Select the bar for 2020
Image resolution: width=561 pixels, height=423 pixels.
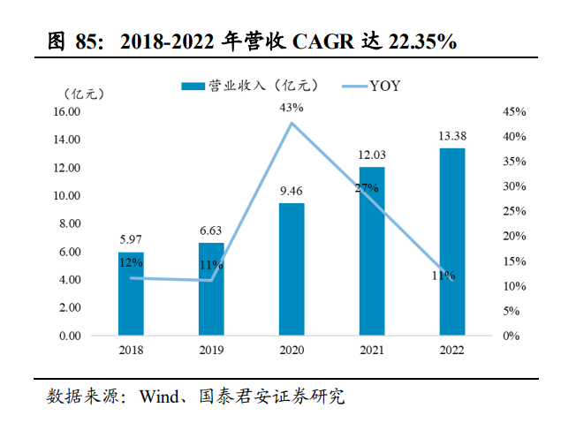pos(292,269)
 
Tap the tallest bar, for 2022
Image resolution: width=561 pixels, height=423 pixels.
pos(452,242)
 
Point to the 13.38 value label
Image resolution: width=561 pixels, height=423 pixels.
pos(452,135)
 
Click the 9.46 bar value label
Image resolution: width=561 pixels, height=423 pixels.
pos(292,190)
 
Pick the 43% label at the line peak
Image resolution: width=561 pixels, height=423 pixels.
pos(292,107)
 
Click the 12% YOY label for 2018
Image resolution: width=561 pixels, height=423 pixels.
pos(131,262)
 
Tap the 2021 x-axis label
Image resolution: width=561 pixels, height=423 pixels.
pos(372,350)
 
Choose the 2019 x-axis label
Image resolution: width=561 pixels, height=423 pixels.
pos(211,350)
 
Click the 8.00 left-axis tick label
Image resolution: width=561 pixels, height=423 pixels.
pos(71,224)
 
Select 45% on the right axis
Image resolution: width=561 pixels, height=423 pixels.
pos(513,112)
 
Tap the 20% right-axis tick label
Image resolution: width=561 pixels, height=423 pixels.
pos(513,237)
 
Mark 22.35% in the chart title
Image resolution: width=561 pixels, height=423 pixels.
pos(413,41)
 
